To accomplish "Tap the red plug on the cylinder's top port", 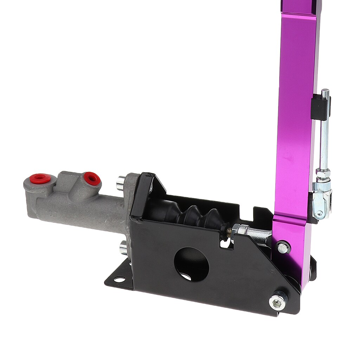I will pyautogui.click(x=92, y=178).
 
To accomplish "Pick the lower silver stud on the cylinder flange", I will pyautogui.click(x=123, y=248).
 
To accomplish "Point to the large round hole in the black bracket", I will pyautogui.click(x=192, y=264).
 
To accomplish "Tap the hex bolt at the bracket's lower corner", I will pyautogui.click(x=277, y=302).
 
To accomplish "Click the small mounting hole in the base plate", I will pyautogui.click(x=120, y=280).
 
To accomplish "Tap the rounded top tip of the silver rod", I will pyautogui.click(x=325, y=92).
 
